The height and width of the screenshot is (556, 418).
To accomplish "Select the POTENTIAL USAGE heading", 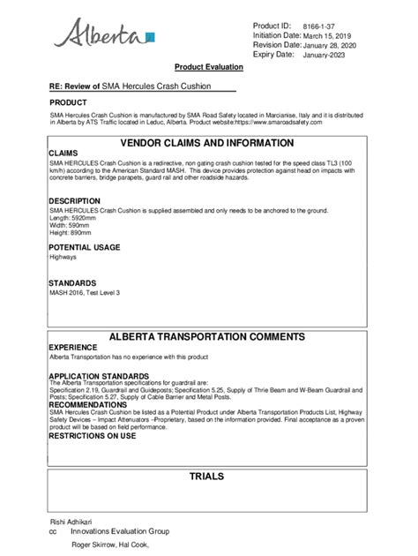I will (84, 248).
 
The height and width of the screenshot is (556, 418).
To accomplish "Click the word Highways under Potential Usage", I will (63, 258).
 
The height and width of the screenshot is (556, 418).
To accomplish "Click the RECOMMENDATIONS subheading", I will (89, 404).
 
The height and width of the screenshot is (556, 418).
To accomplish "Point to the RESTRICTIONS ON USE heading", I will (92, 436).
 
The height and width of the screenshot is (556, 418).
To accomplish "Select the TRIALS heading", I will (206, 477).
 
